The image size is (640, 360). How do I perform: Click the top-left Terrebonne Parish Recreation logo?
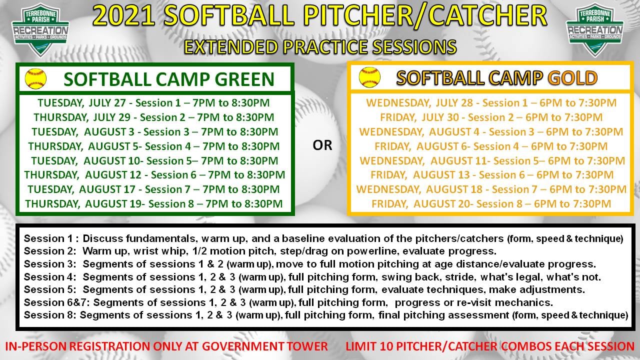click(x=40, y=30)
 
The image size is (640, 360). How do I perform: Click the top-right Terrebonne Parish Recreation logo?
click(x=594, y=30)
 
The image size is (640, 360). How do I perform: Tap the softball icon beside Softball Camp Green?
click(x=35, y=78)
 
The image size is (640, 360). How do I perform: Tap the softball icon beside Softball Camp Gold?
click(x=369, y=77)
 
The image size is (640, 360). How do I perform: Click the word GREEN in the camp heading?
click(x=244, y=79)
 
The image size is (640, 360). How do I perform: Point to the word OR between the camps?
click(x=322, y=145)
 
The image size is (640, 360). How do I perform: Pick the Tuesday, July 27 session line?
click(x=153, y=103)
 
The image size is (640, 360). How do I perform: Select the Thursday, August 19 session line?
click(x=154, y=203)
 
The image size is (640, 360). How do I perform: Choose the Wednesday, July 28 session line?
click(x=491, y=103)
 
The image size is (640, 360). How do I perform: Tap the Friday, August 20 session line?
click(x=491, y=203)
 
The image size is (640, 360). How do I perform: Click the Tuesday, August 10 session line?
click(x=154, y=160)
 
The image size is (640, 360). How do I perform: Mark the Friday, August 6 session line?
click(x=491, y=146)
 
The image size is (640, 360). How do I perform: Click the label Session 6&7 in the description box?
click(x=56, y=302)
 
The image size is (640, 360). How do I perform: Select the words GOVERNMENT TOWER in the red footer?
click(x=265, y=346)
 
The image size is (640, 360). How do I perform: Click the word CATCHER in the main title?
click(x=487, y=16)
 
